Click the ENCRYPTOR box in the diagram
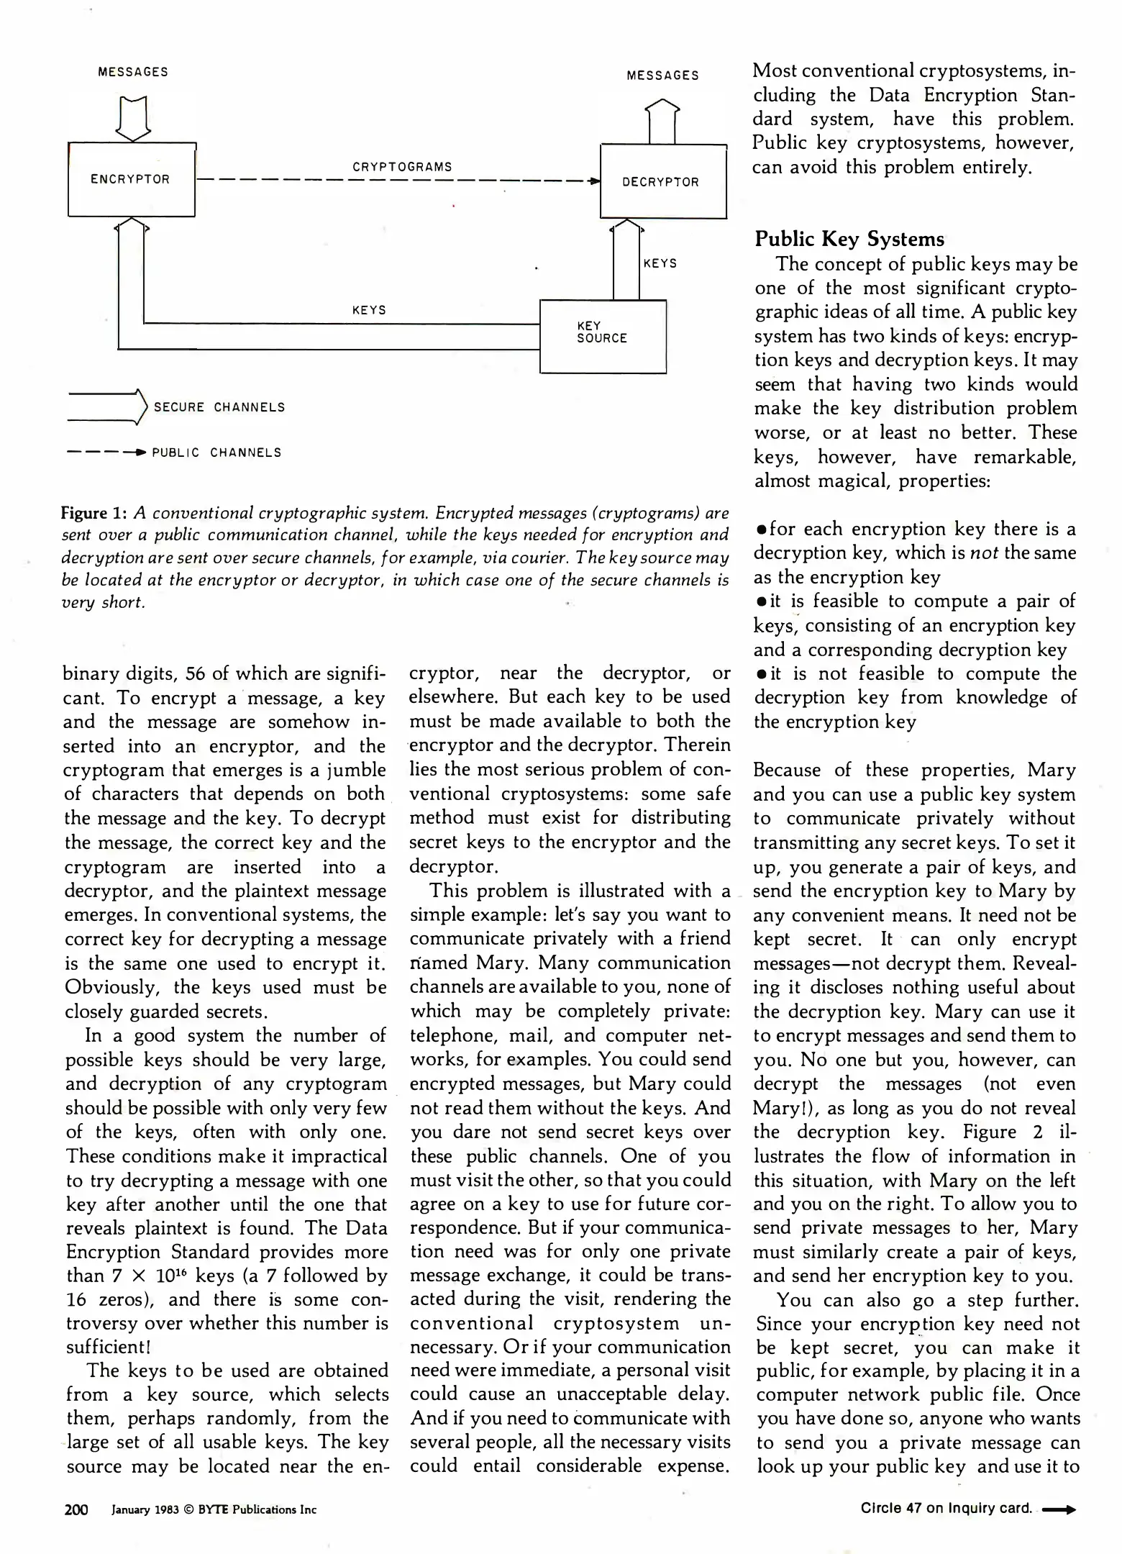click(131, 179)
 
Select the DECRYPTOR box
click(662, 181)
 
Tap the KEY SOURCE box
click(603, 336)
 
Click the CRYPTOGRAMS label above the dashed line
click(402, 167)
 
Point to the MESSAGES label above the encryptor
click(133, 72)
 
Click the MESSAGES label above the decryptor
click(662, 76)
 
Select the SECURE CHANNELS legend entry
click(219, 407)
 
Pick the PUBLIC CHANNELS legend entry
click(216, 453)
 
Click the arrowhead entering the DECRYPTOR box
click(594, 181)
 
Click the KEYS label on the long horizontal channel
click(369, 310)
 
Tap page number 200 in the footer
click(76, 1509)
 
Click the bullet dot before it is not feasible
click(760, 675)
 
